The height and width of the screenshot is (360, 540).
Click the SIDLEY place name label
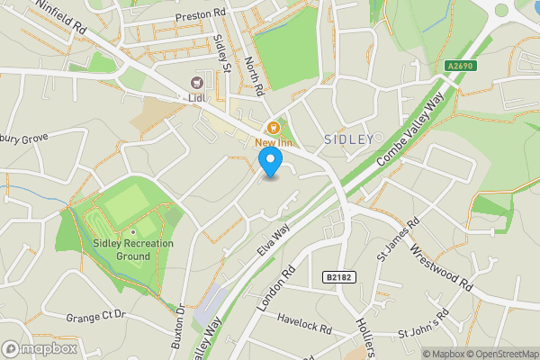pyautogui.click(x=346, y=139)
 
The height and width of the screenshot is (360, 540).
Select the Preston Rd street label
pyautogui.click(x=201, y=14)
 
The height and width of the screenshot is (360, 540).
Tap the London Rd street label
pyautogui.click(x=275, y=290)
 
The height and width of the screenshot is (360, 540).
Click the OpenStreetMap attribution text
pyautogui.click(x=504, y=354)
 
